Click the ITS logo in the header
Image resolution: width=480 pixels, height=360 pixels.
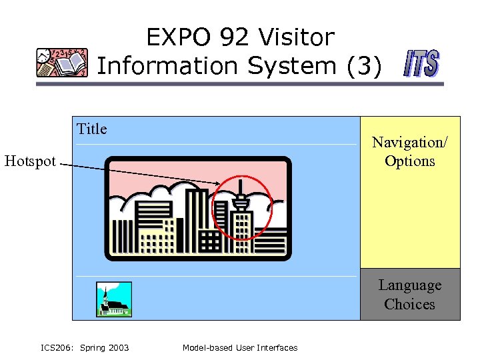coord(421,65)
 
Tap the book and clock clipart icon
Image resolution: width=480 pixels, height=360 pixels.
coord(62,63)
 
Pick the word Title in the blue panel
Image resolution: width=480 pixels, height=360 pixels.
coord(92,129)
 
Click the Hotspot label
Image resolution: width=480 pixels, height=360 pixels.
coord(30,161)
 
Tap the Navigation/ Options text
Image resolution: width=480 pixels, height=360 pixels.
coord(410,151)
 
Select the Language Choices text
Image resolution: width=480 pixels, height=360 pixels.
coord(410,295)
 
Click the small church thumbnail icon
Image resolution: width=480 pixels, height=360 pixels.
coord(114,299)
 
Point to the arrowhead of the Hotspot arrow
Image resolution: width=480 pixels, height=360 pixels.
coord(218,184)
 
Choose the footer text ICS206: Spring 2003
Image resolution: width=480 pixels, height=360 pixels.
coord(85,347)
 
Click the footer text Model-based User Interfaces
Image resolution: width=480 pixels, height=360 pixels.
coord(240,347)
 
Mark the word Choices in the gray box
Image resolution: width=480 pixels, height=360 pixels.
coord(410,305)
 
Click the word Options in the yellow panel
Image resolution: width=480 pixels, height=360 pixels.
coord(410,161)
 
